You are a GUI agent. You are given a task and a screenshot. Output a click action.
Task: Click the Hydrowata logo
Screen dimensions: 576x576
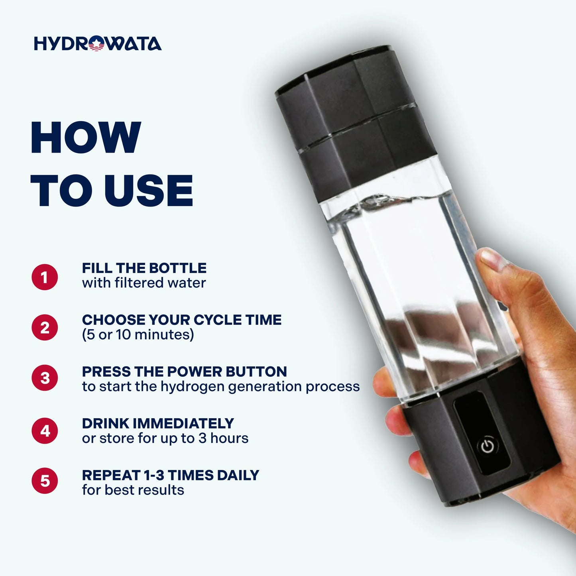[98, 43]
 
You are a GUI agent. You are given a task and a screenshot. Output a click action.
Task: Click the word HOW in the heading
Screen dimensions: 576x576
[85, 138]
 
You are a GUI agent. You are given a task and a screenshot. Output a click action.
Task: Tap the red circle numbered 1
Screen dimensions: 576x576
[45, 277]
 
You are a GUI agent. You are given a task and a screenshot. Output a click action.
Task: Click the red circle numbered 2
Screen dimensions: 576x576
[45, 327]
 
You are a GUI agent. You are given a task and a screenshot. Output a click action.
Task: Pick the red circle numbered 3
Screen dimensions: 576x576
[45, 378]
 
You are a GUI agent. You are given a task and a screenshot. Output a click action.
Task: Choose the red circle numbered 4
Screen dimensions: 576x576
[45, 431]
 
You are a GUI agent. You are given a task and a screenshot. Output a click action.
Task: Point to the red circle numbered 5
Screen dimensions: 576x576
[45, 481]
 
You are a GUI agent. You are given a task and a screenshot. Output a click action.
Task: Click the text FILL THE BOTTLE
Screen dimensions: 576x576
[144, 268]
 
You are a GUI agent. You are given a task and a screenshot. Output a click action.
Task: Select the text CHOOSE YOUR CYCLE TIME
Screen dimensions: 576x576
[182, 320]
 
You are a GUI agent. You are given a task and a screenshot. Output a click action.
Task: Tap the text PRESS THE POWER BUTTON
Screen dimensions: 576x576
[185, 372]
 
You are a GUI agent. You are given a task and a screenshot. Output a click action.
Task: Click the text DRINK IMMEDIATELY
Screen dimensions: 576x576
[158, 423]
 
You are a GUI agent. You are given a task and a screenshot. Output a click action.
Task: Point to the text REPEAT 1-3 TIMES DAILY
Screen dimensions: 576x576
[171, 475]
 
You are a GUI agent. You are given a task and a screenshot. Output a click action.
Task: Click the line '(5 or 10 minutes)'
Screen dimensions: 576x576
[138, 334]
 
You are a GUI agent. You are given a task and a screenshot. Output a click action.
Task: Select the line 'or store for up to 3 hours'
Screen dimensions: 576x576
[165, 438]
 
